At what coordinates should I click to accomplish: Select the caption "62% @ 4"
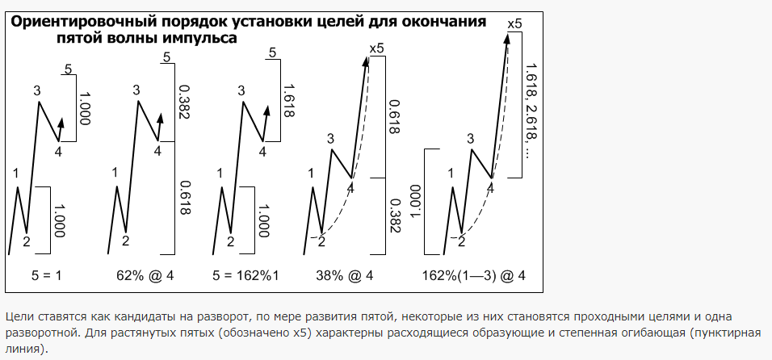pos(145,276)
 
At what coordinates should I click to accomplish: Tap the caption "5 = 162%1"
pos(245,276)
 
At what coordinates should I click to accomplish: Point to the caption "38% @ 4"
pos(345,276)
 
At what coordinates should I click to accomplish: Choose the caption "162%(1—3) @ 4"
pos(474,276)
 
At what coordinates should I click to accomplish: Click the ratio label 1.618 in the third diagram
pos(288,100)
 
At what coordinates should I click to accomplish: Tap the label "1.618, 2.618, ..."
pos(531,110)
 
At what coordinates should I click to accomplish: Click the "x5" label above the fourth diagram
pos(376,48)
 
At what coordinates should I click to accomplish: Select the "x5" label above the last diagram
pos(514,23)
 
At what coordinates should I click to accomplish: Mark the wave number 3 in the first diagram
pos(37,90)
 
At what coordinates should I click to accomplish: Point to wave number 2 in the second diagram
pos(125,241)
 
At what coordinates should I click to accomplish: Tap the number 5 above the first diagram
pos(68,69)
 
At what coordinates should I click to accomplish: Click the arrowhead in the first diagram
pos(61,123)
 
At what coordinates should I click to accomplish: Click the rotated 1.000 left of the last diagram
pos(414,201)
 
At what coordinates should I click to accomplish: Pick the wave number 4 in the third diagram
pos(262,152)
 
